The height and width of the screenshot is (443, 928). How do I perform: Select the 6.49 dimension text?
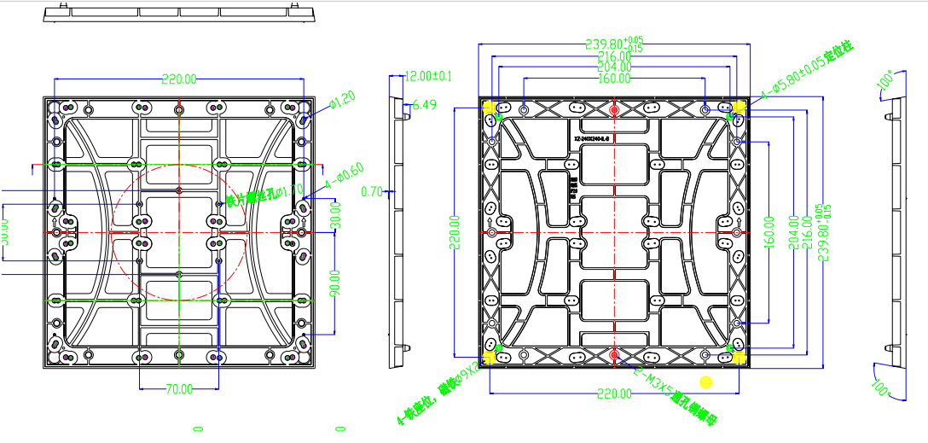[x=424, y=105]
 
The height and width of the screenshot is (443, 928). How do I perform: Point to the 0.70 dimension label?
[x=372, y=191]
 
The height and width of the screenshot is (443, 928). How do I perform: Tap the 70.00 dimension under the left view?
[x=179, y=388]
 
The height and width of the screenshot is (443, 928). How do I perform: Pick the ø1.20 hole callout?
[x=342, y=101]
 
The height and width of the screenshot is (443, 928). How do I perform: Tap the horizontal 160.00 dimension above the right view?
[x=614, y=79]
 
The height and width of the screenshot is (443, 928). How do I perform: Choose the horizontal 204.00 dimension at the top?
[x=614, y=67]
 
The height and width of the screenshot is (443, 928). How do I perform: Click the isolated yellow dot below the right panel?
[x=705, y=381]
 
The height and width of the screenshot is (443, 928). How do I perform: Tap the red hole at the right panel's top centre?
[x=614, y=108]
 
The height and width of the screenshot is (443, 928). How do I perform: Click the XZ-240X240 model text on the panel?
[x=594, y=137]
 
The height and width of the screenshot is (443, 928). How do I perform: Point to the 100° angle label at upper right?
[x=885, y=82]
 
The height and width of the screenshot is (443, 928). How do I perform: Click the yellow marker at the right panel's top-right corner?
[x=739, y=106]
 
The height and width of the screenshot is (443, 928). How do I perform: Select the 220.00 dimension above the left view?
[x=179, y=79]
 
